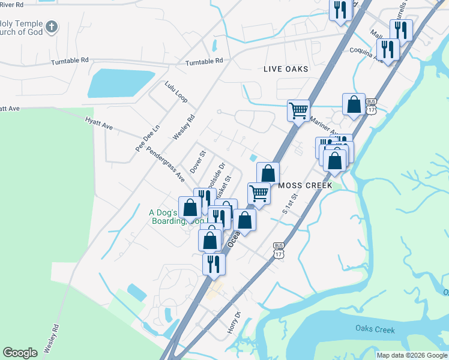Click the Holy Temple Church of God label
pos(22,27)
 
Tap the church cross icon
pos(52,26)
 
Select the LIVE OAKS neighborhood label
pos(286,69)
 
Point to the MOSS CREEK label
pos(306,185)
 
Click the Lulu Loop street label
pos(176,91)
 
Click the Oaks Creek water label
pos(375,329)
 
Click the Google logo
pos(20,353)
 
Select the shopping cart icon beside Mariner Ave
pos(298,110)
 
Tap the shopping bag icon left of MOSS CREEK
pos(268,173)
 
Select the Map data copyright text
pos(412,355)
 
